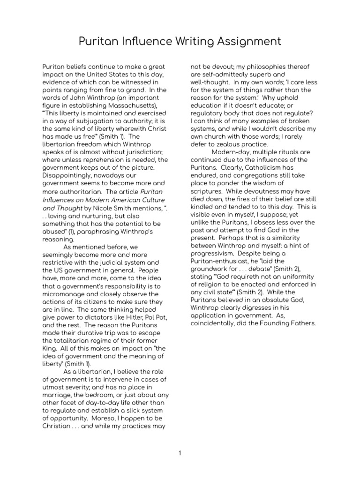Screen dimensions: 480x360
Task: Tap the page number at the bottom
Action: (180, 453)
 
